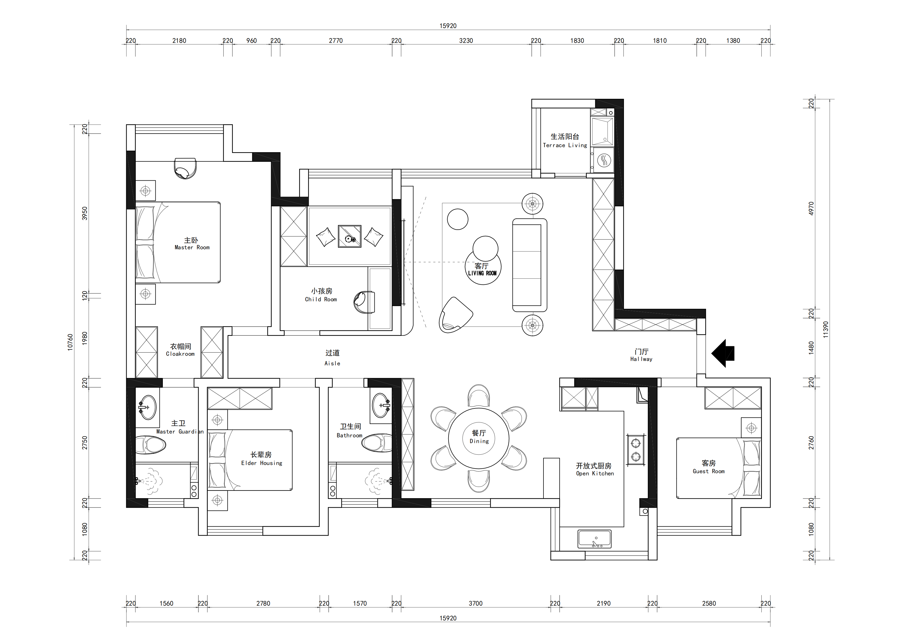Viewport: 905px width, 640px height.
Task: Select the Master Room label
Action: (x=192, y=244)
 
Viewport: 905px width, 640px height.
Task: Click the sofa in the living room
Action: (x=529, y=265)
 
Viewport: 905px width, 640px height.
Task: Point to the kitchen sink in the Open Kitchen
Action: (x=594, y=539)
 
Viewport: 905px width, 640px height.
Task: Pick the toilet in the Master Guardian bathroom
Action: (x=150, y=445)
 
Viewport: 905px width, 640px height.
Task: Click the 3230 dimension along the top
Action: (x=466, y=41)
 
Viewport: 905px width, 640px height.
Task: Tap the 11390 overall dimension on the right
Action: (x=825, y=329)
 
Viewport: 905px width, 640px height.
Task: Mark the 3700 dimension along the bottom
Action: (x=475, y=603)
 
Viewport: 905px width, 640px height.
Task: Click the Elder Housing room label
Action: (x=261, y=459)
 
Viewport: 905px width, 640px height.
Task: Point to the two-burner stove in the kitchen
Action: (x=636, y=449)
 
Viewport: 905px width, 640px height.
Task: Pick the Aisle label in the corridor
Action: (x=332, y=358)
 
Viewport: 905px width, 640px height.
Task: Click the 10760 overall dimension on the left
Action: (x=70, y=342)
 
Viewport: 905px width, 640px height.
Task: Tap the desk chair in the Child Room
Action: (x=364, y=302)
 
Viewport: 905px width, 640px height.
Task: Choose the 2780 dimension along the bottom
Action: (x=263, y=603)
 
